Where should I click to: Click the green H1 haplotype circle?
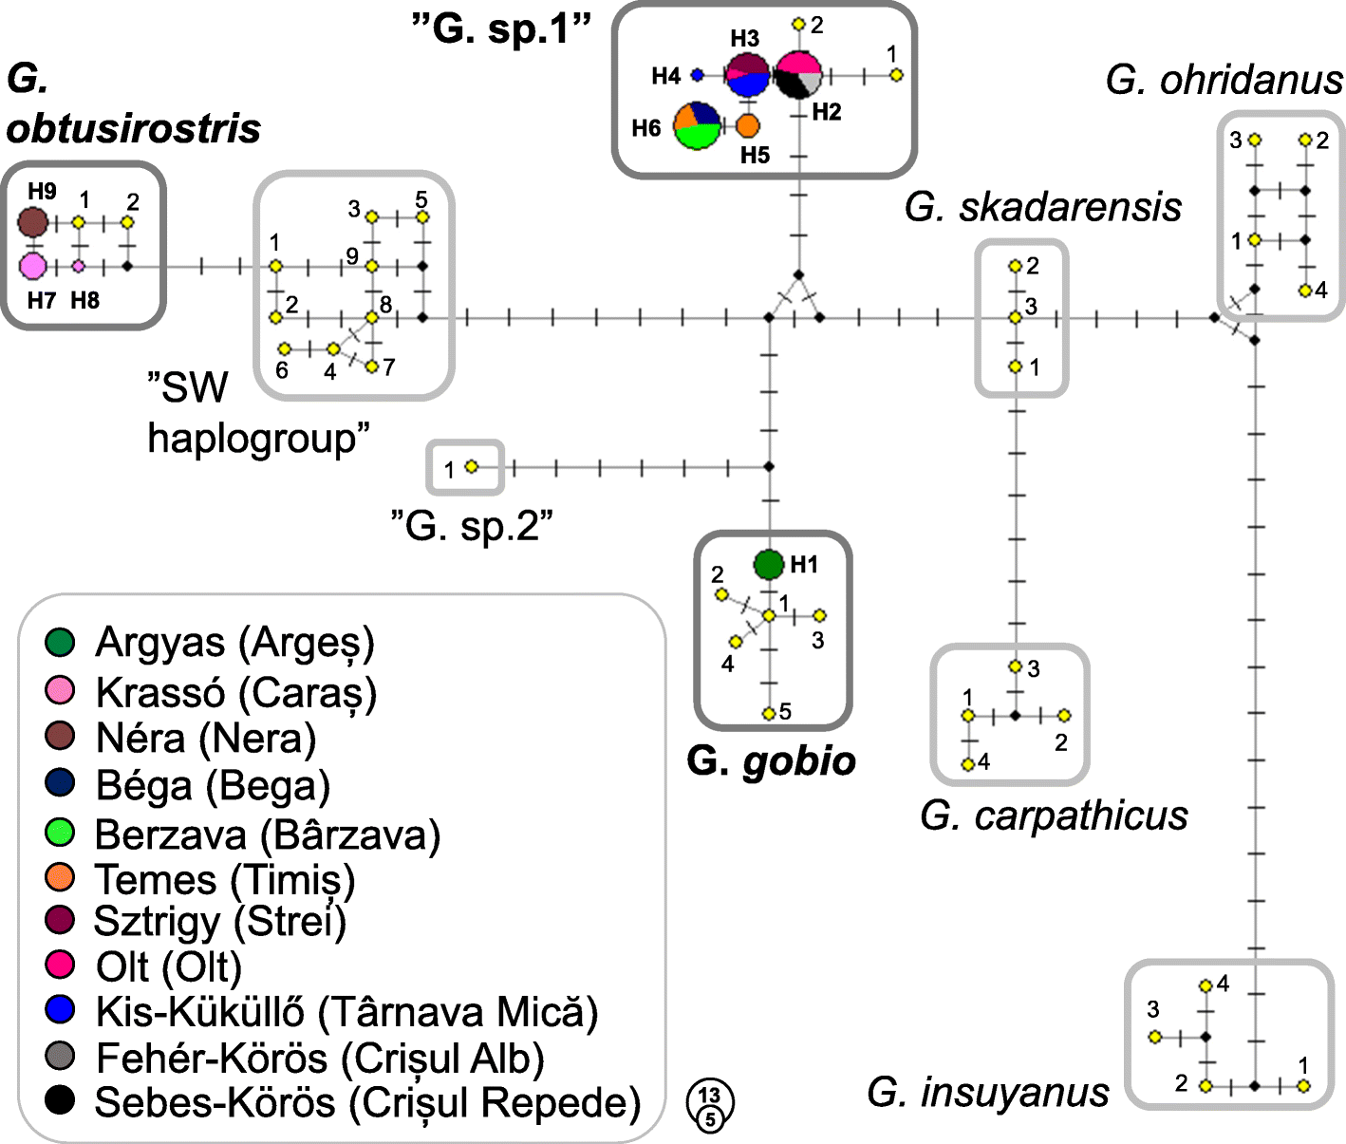click(x=768, y=564)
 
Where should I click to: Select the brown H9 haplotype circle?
click(x=33, y=223)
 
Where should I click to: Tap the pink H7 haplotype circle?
click(x=33, y=266)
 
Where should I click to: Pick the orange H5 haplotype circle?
click(x=748, y=125)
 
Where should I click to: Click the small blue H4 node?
click(x=697, y=74)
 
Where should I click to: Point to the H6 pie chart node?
click(x=698, y=125)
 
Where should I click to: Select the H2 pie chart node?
click(x=798, y=75)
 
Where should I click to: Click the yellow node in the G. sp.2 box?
click(x=471, y=466)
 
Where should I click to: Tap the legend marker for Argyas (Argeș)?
click(x=60, y=643)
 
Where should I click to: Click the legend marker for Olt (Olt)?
click(x=60, y=965)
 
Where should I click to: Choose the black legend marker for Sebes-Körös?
click(x=60, y=1100)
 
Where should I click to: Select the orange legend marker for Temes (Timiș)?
click(x=60, y=877)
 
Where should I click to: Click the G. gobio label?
click(x=771, y=761)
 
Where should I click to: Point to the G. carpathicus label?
click(x=1054, y=816)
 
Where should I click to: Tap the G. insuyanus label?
click(x=987, y=1092)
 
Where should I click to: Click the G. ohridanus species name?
click(x=1224, y=80)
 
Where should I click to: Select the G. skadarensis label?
click(x=1042, y=207)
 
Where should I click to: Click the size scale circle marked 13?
click(x=710, y=1097)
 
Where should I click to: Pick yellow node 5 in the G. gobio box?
click(x=768, y=713)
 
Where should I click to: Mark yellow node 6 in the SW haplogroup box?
click(x=284, y=349)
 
